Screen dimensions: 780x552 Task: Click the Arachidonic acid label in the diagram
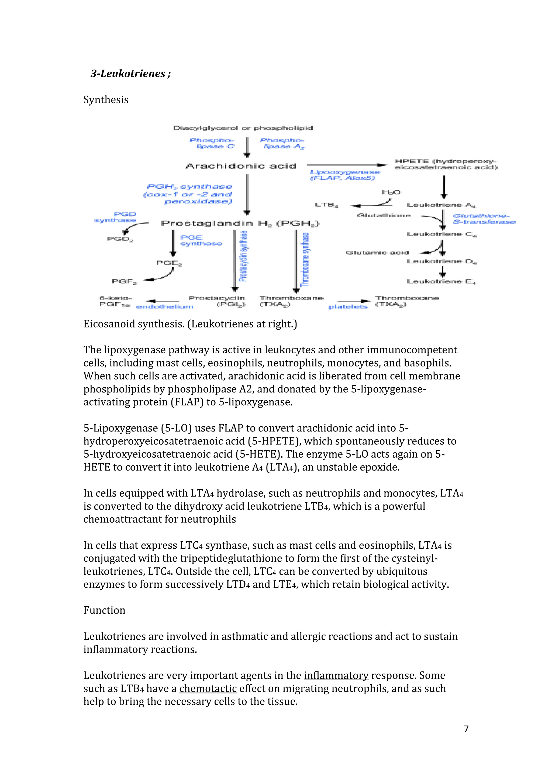(x=241, y=166)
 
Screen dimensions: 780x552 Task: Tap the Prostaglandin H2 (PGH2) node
(x=240, y=224)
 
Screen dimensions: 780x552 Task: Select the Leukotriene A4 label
(x=441, y=205)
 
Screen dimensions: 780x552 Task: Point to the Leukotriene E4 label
(x=441, y=282)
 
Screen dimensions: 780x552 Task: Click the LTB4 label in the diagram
(x=326, y=205)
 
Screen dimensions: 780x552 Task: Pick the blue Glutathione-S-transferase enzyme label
(x=484, y=219)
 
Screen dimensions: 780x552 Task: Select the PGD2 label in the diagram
(x=120, y=239)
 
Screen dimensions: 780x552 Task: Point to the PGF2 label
(x=125, y=282)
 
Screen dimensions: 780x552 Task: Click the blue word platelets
(x=348, y=307)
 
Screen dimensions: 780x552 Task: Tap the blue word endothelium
(x=164, y=307)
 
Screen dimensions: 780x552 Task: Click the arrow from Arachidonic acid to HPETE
(x=347, y=165)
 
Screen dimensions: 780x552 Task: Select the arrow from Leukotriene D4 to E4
(x=442, y=271)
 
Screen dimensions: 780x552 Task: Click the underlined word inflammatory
(x=336, y=675)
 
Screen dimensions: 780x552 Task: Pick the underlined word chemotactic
(x=208, y=688)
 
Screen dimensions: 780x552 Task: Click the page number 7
(x=466, y=729)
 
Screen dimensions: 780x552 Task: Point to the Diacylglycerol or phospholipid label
(x=243, y=128)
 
